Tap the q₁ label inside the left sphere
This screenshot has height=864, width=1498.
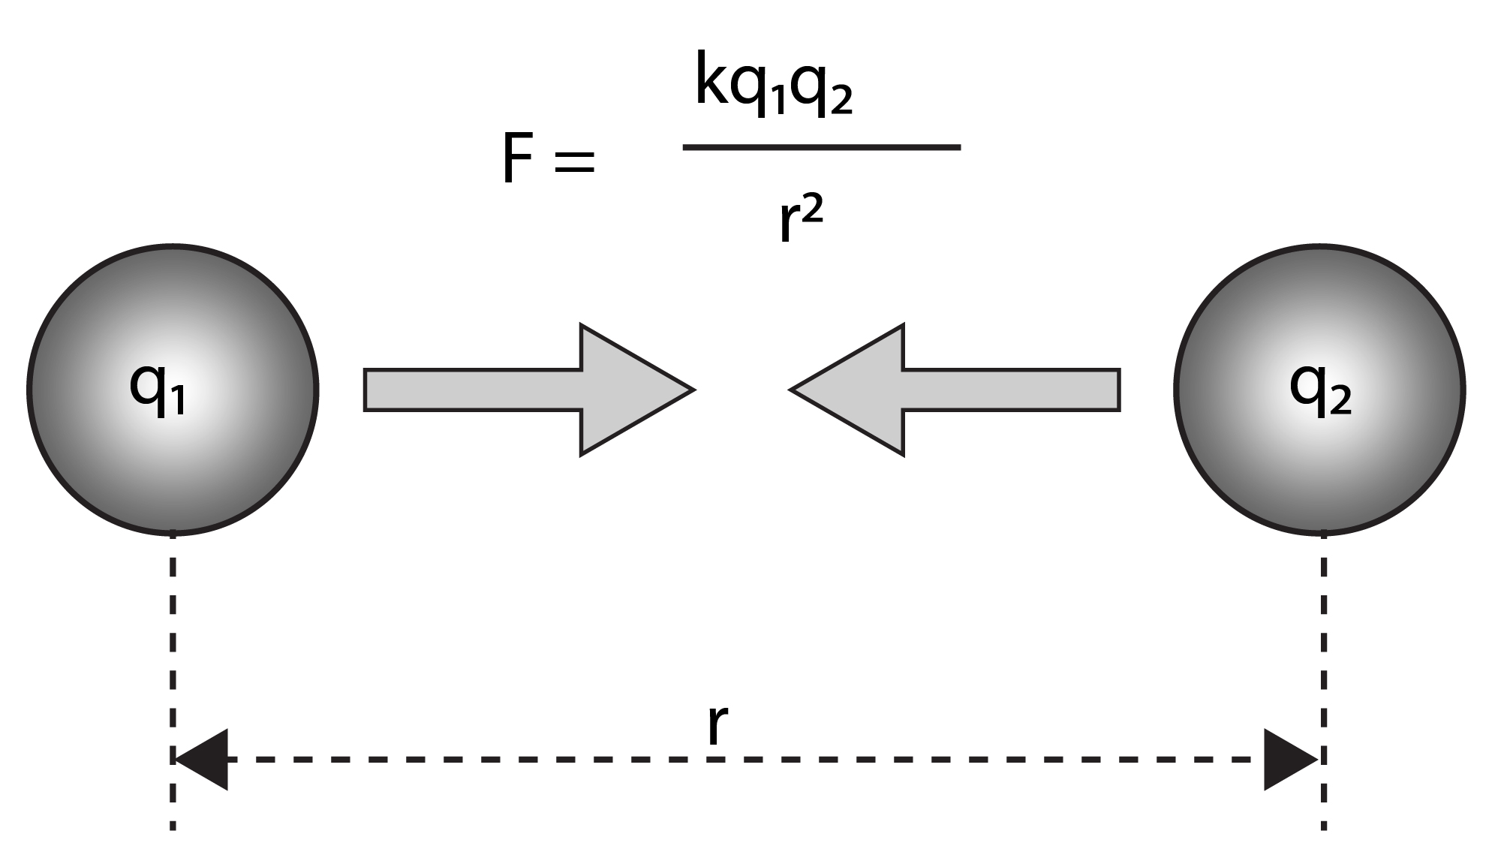(x=158, y=388)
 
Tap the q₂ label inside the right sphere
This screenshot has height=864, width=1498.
(x=1320, y=388)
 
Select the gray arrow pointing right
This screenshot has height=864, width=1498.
(x=525, y=390)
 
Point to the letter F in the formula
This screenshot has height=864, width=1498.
(x=518, y=159)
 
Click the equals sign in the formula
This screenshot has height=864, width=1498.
(x=574, y=161)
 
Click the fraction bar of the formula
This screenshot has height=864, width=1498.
(x=821, y=147)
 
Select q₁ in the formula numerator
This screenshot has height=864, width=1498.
(x=758, y=89)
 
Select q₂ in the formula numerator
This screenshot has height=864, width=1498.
(x=822, y=89)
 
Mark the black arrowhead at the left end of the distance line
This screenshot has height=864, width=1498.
(x=203, y=759)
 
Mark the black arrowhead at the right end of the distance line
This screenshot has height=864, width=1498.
(x=1289, y=759)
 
